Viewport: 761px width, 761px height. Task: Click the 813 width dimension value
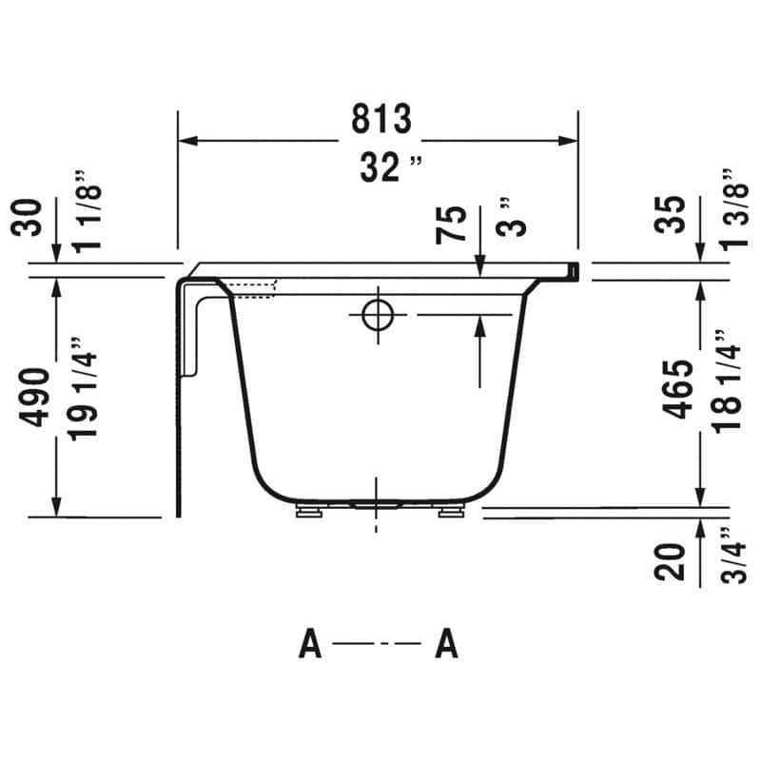pyautogui.click(x=380, y=120)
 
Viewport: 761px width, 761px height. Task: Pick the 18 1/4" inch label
pyautogui.click(x=724, y=389)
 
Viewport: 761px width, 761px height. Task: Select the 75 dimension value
pyautogui.click(x=456, y=225)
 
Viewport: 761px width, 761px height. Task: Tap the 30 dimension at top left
pyautogui.click(x=29, y=218)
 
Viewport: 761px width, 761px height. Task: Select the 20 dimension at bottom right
pyautogui.click(x=672, y=562)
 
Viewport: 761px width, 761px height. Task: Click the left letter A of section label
pyautogui.click(x=310, y=646)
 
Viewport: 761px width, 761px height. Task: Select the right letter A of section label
pyautogui.click(x=446, y=646)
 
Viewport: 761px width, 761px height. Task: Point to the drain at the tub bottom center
pyautogui.click(x=378, y=505)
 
